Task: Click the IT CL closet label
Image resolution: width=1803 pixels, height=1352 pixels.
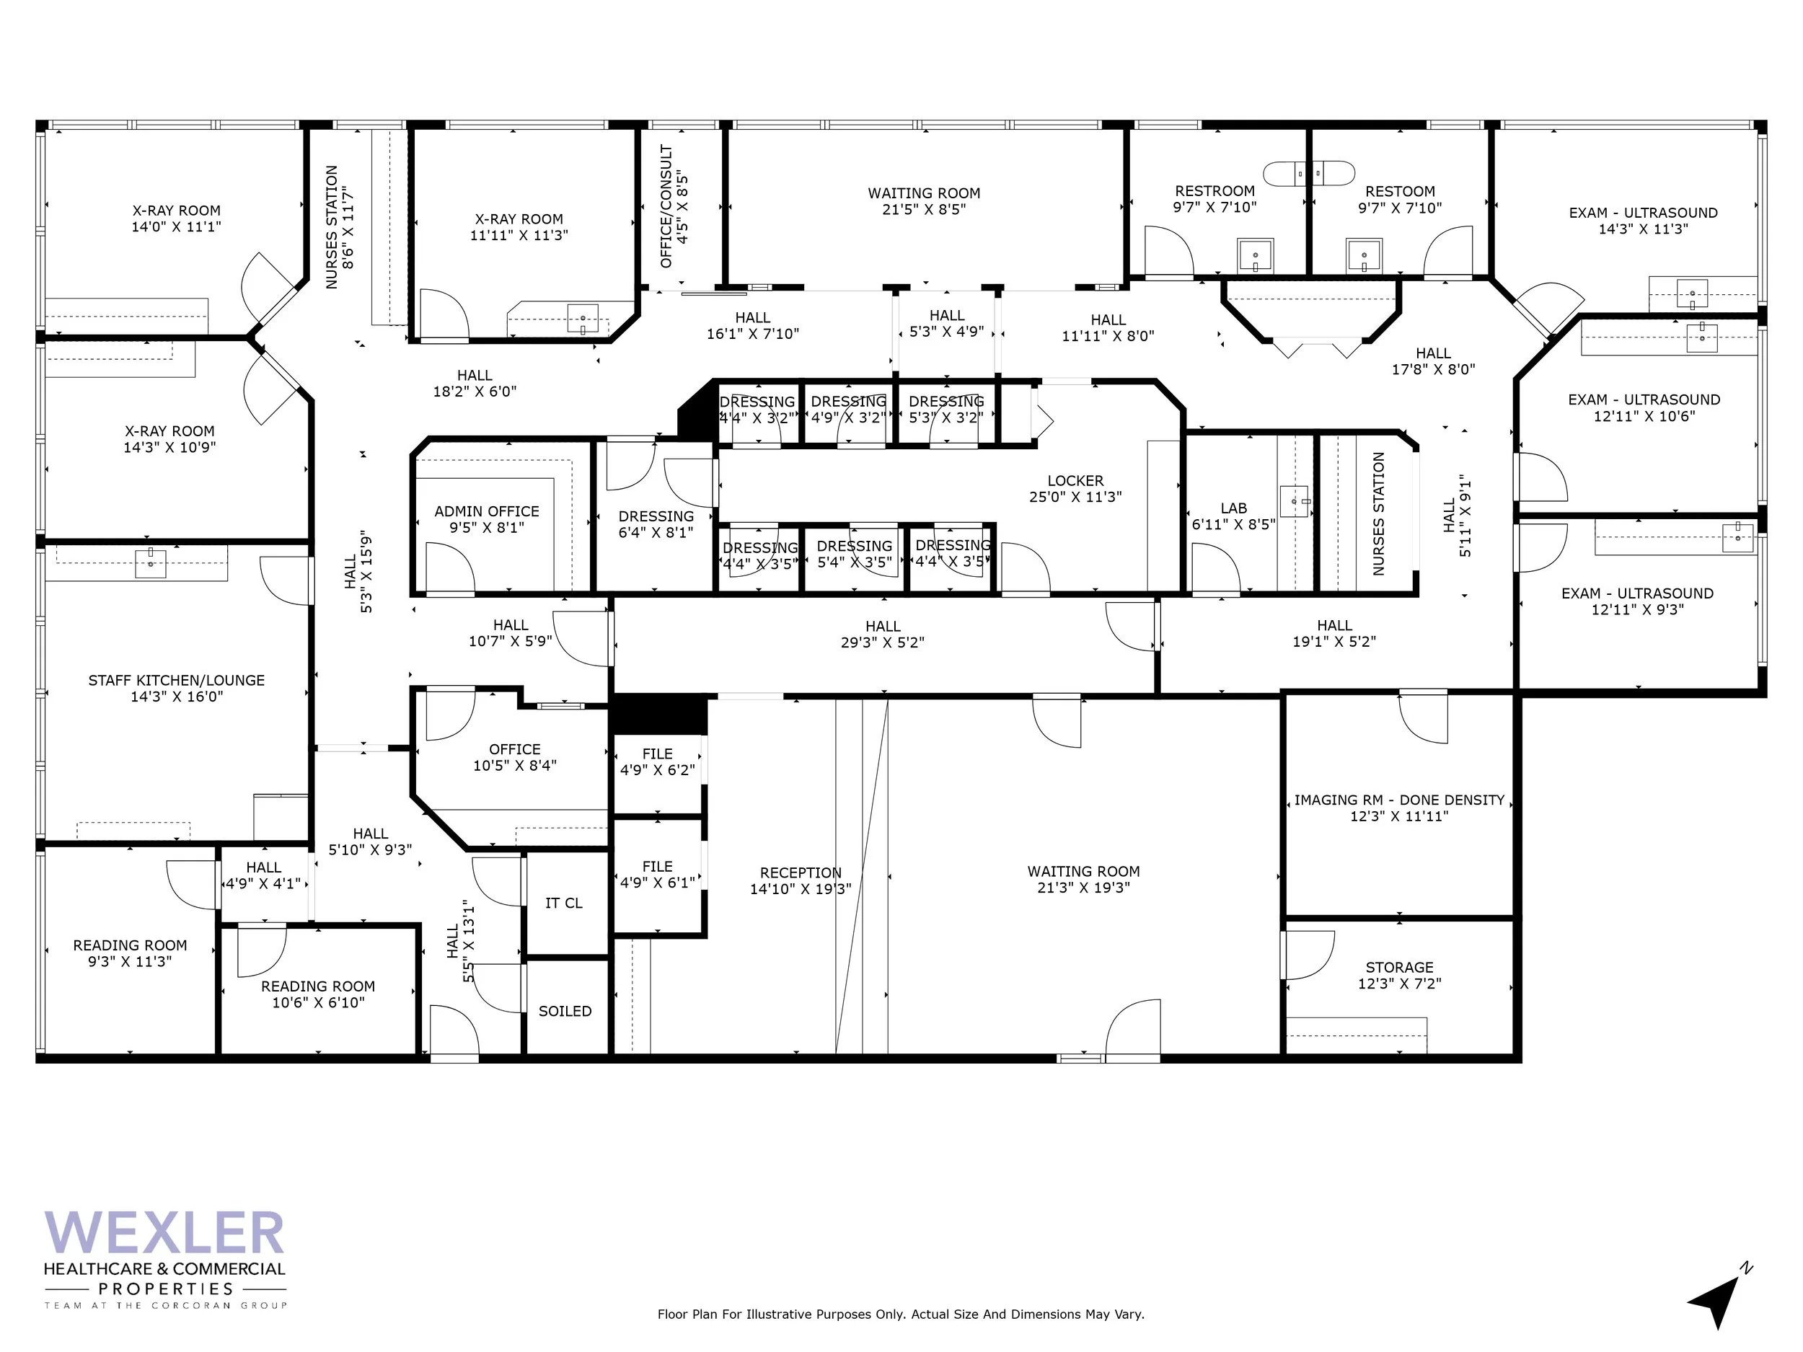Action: point(563,903)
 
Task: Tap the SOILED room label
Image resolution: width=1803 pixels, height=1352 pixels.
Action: point(565,1012)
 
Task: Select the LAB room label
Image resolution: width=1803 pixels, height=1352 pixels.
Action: point(1233,508)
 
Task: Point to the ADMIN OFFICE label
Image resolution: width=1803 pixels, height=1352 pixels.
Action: point(487,512)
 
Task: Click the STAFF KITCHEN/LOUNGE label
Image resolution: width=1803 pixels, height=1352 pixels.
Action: point(176,681)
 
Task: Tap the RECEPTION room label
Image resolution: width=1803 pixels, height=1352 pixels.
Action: point(801,872)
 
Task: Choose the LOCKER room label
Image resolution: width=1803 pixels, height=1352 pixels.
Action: point(1075,482)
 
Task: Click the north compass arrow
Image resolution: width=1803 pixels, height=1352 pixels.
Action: point(1716,1302)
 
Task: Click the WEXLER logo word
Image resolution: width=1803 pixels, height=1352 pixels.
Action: point(164,1233)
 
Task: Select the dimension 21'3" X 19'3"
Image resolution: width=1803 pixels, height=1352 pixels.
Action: point(1083,888)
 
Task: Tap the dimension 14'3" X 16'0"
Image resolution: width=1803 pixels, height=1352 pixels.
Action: point(176,697)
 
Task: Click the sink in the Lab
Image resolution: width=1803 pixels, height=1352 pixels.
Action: point(1294,501)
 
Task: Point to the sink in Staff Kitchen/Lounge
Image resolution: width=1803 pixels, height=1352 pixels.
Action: point(150,562)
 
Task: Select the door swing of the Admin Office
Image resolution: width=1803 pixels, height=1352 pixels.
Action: point(450,566)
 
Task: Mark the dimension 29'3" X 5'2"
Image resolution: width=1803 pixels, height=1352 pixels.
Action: point(883,643)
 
